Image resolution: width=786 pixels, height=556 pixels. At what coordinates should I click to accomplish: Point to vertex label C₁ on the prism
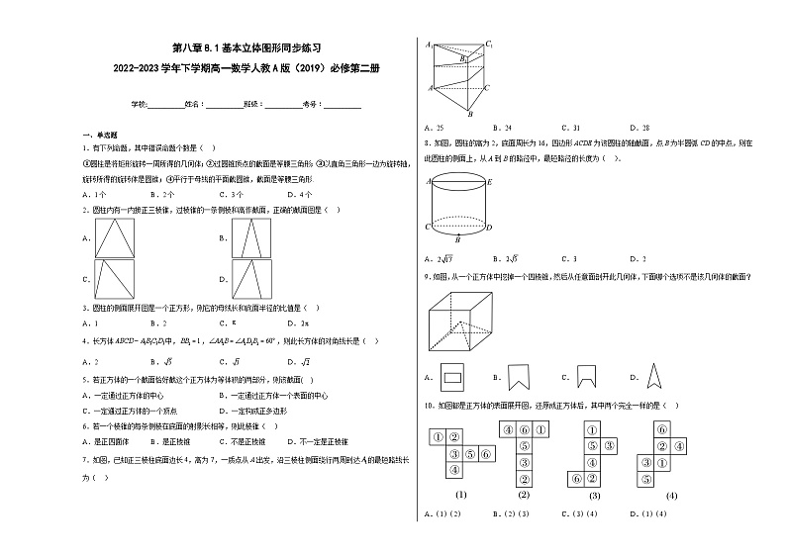[489, 46]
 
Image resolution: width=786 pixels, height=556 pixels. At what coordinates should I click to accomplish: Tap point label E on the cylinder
[490, 182]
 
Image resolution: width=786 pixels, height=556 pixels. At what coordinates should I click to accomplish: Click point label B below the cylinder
[456, 239]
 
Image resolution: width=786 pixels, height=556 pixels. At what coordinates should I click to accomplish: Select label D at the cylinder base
[490, 228]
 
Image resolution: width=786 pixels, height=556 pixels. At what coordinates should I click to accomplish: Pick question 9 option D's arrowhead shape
[652, 376]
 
